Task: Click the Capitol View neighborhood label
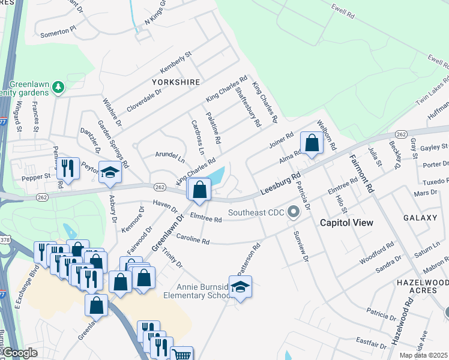[x=346, y=223]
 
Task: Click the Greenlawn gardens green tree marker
[x=58, y=88]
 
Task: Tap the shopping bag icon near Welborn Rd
[x=312, y=144]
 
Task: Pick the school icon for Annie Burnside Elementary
[x=240, y=288]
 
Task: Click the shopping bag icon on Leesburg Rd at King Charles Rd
[x=199, y=190]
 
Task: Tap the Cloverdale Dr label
[x=144, y=101]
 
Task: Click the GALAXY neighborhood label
[x=420, y=217]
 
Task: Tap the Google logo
[x=20, y=353]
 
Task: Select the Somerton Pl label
[x=58, y=28]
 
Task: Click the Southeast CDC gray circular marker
[x=294, y=212]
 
